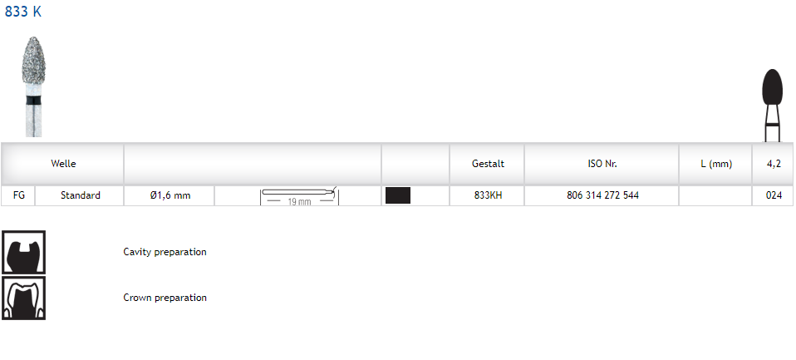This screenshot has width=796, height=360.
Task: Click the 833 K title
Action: (x=22, y=11)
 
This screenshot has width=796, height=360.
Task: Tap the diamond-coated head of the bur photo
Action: (x=33, y=61)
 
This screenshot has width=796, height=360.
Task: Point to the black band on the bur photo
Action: (x=33, y=100)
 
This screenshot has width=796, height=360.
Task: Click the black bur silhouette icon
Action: (x=772, y=106)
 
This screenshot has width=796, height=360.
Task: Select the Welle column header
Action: (x=63, y=164)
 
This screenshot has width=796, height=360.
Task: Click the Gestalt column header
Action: (x=488, y=164)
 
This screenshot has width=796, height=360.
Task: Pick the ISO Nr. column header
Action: (x=602, y=164)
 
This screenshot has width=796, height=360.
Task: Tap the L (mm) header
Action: (x=716, y=164)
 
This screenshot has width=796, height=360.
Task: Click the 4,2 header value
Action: (x=774, y=164)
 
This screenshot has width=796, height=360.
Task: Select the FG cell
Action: (x=19, y=195)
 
